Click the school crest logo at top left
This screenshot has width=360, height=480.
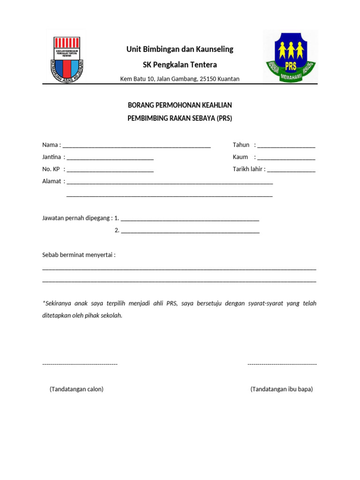65,56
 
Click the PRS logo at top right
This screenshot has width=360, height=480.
290,56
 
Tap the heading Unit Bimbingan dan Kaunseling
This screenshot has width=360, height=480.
180,49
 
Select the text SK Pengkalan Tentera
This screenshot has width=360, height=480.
180,65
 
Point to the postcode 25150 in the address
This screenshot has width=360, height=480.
208,79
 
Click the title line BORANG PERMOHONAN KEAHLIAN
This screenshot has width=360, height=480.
180,105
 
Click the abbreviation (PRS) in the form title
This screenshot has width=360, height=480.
224,119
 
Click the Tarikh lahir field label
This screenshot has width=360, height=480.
249,169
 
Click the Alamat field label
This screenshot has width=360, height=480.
52,181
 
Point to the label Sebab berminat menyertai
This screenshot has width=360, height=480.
79,255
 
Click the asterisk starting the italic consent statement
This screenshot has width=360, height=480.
44,303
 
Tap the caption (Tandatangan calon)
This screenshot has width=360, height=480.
76,389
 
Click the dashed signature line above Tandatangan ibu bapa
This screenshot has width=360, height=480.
282,364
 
